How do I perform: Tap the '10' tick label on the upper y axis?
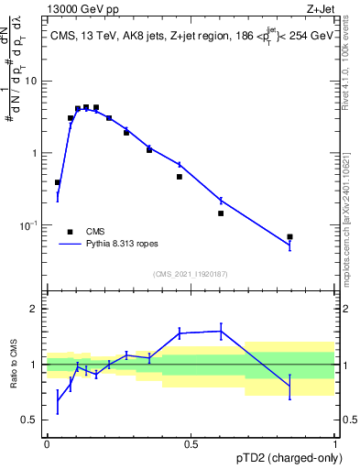click(32, 82)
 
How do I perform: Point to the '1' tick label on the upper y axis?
click(36, 153)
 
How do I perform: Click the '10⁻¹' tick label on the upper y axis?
click(30, 224)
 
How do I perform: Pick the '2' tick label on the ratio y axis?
click(36, 309)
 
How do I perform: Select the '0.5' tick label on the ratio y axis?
click(30, 420)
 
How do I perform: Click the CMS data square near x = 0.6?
click(221, 213)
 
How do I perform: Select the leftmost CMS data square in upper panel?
click(58, 182)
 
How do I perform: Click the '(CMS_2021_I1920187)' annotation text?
click(190, 274)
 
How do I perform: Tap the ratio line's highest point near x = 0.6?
click(221, 331)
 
